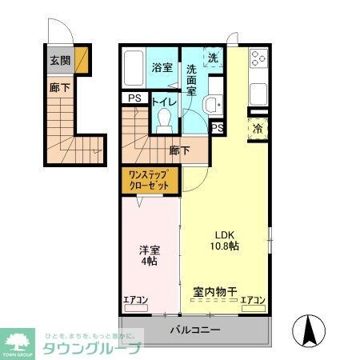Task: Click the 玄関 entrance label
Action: point(59,60)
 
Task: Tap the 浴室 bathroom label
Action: point(162,67)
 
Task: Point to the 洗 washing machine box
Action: point(213,58)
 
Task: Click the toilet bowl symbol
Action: point(165,119)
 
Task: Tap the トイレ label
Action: point(164,102)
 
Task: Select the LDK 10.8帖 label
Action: point(224,241)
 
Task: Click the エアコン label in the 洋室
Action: point(135,301)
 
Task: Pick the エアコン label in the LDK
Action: point(253,301)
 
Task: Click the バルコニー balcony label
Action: point(194,330)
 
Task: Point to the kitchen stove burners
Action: point(258,58)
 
